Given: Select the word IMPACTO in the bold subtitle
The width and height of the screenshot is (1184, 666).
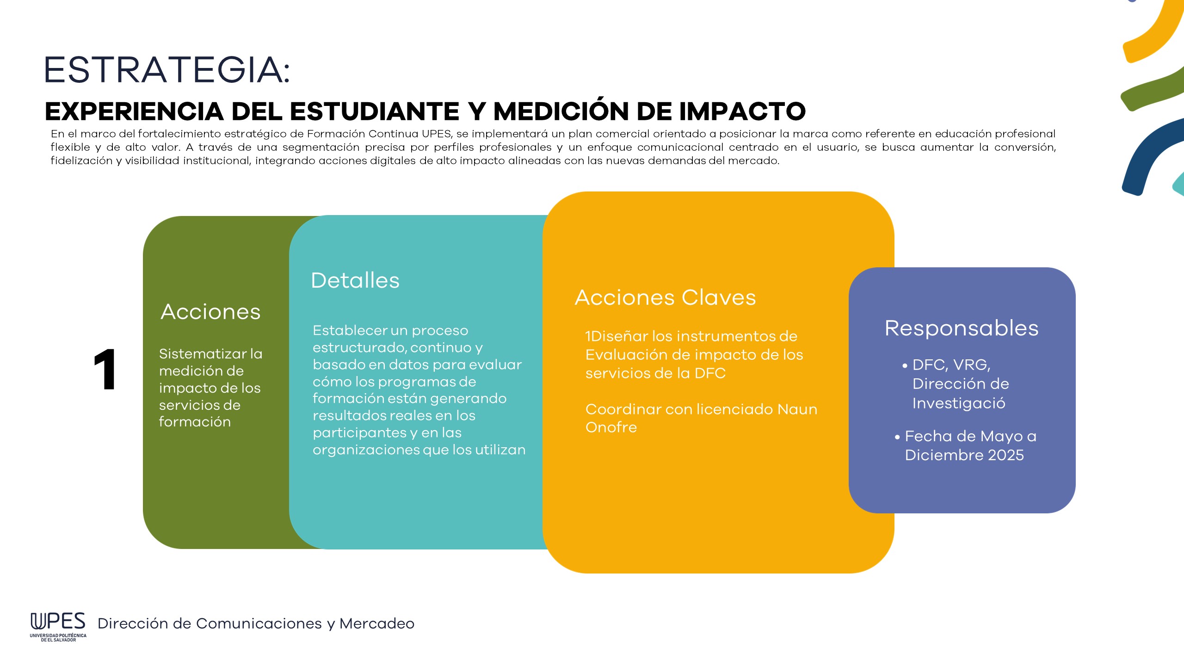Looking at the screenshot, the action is pos(743,111).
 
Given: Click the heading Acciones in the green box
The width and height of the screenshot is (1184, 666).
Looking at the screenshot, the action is pos(210,312).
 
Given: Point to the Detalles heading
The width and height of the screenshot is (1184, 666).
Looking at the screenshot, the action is pos(355,280).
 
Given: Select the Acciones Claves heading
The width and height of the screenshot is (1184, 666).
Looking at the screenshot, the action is pos(665,297).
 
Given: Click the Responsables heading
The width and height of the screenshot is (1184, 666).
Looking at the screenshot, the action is pos(962,329).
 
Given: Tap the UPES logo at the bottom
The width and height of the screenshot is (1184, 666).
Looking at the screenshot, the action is pos(58,626).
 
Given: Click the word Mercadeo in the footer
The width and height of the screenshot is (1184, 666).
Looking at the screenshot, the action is pos(377,623).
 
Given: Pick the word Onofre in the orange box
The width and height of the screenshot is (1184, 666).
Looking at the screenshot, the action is pos(611,427).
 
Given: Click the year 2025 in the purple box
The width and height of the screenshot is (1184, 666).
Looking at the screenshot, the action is pos(1005,455).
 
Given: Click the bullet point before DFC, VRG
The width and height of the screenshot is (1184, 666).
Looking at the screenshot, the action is pos(905,365).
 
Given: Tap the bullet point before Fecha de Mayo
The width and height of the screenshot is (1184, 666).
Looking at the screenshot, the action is pos(897,437).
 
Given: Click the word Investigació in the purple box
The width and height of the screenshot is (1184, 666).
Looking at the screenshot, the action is pos(959,404).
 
